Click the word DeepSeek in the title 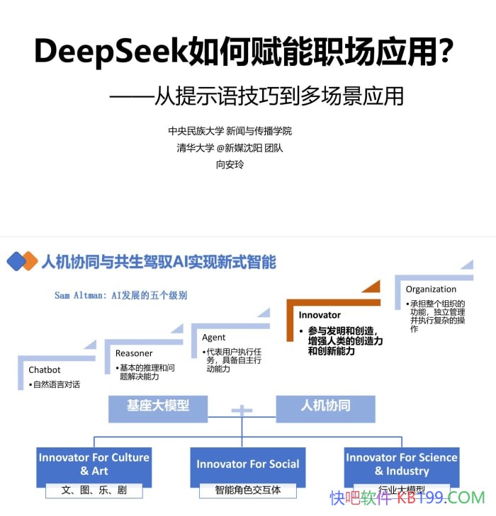(110, 51)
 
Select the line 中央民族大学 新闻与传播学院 (230, 131)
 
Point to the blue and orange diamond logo (22, 261)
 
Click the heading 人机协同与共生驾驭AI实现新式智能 (159, 262)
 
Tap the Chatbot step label (45, 369)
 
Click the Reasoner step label (134, 352)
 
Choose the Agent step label (214, 338)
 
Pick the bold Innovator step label (320, 315)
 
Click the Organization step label (431, 289)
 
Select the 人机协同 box (325, 406)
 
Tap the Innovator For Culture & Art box (94, 464)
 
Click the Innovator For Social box (248, 464)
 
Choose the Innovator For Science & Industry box (402, 464)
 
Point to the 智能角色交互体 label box (248, 490)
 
